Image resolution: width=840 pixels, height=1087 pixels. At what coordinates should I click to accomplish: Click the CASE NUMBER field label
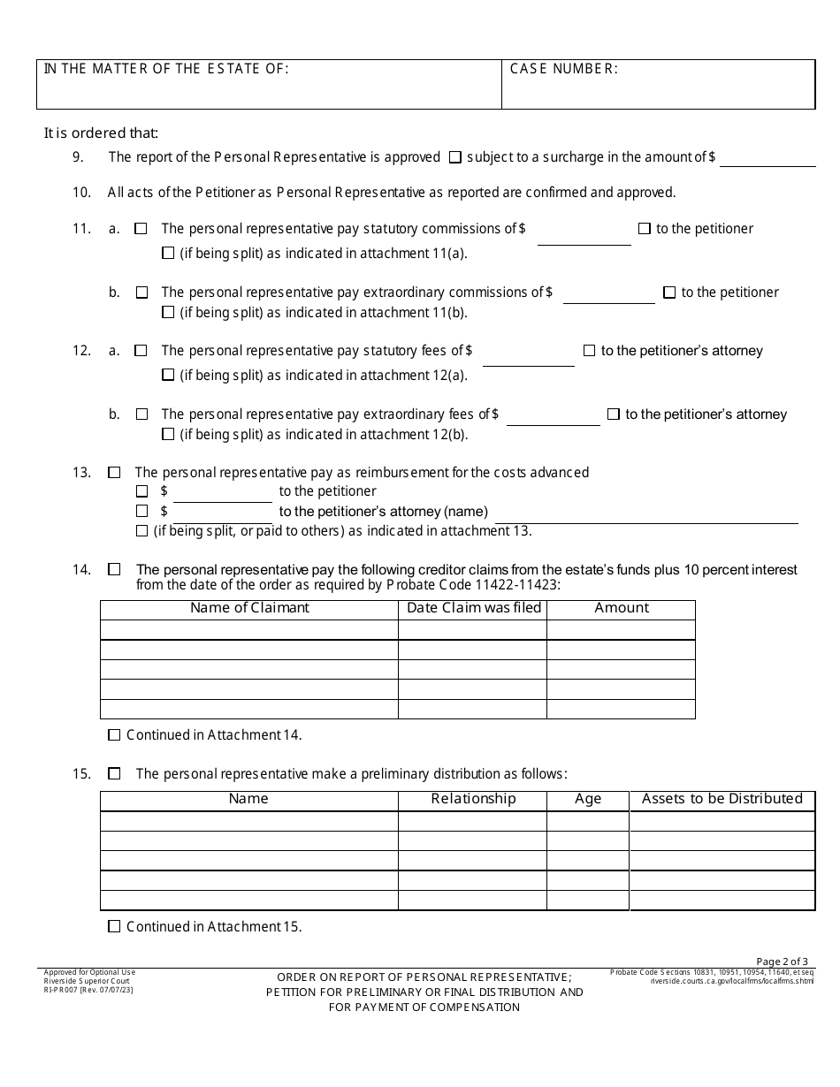click(x=563, y=70)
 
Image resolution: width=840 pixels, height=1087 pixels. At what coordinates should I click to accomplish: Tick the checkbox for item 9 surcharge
click(x=455, y=157)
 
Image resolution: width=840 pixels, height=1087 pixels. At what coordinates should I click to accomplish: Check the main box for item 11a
click(x=141, y=229)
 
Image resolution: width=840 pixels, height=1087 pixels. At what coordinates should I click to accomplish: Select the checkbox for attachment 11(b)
click(x=168, y=312)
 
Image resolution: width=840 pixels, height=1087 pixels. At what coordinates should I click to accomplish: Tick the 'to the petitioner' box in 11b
click(x=669, y=293)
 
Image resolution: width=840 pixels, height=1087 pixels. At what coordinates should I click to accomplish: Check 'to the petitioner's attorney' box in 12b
click(x=613, y=414)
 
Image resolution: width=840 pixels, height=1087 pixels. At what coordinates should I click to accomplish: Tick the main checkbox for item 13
click(x=114, y=473)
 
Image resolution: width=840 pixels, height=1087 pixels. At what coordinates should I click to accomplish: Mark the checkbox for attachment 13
click(x=141, y=531)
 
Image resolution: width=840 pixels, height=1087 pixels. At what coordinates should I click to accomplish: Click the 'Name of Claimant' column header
click(x=249, y=608)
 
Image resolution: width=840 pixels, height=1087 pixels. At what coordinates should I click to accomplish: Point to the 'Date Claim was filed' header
click(x=473, y=608)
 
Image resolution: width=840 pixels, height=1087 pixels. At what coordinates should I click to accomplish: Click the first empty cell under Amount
click(x=621, y=629)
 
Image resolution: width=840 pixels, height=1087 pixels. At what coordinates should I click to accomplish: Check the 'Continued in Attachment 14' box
click(x=114, y=735)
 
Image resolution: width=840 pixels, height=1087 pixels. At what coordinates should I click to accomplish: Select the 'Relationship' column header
click(x=473, y=799)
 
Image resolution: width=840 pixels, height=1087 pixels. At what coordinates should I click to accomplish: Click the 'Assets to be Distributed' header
click(x=722, y=799)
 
